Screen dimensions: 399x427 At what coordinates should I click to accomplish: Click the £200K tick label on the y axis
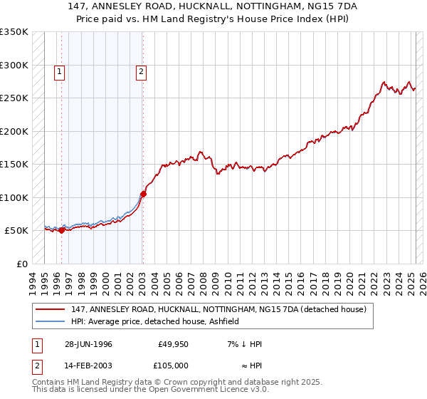pos(14,131)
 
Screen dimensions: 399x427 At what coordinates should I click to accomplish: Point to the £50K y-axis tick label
pos(16,231)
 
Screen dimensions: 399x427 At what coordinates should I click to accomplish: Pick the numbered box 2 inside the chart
pos(142,71)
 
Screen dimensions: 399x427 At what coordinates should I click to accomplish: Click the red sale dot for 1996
pos(62,230)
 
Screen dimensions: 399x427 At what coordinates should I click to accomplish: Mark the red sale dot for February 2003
pos(143,194)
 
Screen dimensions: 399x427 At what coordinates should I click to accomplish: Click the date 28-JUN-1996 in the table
pos(88,344)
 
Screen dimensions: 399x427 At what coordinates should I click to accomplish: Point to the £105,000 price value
pos(172,365)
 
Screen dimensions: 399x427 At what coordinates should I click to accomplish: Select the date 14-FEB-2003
pos(88,365)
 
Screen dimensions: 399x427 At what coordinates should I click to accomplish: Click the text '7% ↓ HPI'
pos(244,344)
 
